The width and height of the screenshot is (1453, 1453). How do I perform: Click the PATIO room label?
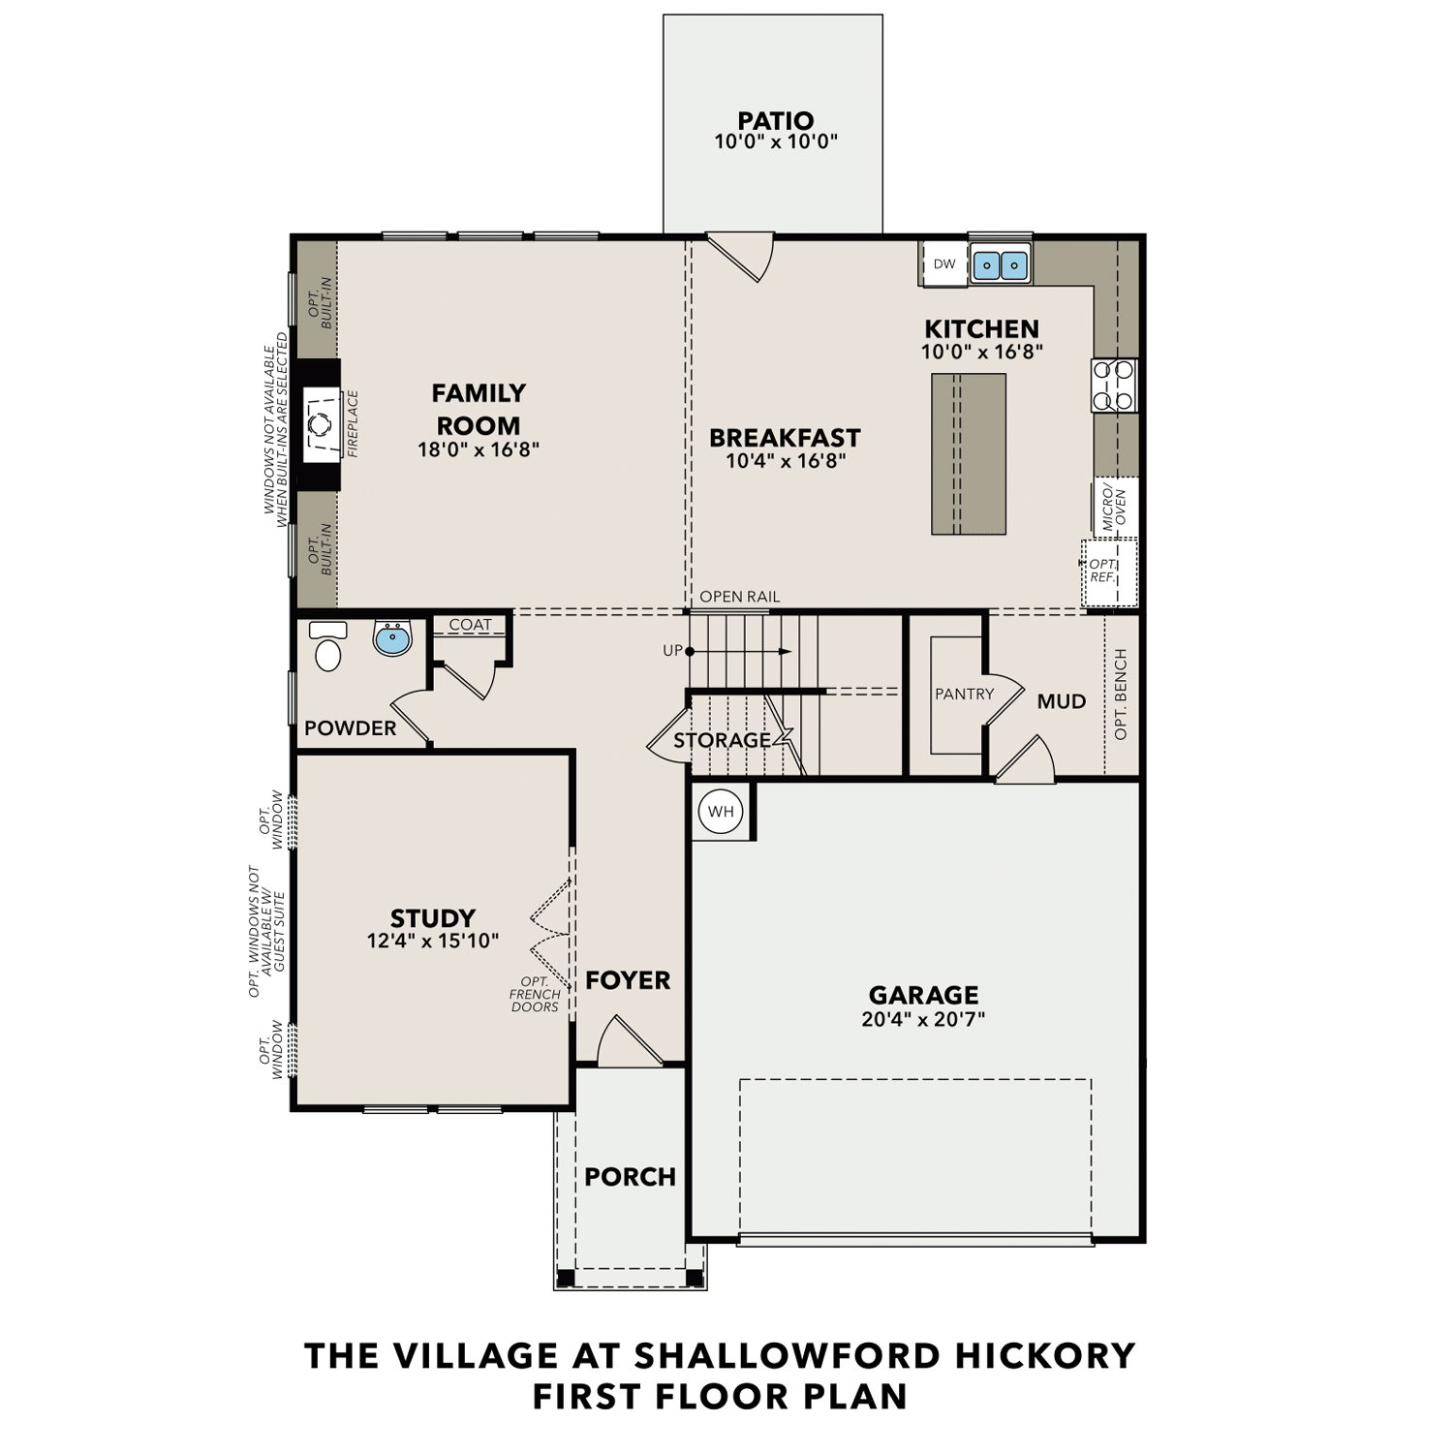pyautogui.click(x=775, y=121)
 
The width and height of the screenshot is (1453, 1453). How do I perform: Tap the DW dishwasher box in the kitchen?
pyautogui.click(x=943, y=264)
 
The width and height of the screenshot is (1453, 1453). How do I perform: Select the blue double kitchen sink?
pyautogui.click(x=1000, y=264)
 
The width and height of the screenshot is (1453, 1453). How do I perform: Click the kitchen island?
pyautogui.click(x=968, y=454)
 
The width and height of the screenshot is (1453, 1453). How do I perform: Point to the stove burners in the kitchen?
pyautogui.click(x=1113, y=385)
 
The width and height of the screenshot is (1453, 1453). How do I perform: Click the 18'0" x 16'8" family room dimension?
pyautogui.click(x=479, y=449)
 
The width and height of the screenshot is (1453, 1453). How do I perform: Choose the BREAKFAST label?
pyautogui.click(x=785, y=438)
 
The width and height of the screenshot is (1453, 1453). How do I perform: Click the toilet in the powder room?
pyautogui.click(x=327, y=649)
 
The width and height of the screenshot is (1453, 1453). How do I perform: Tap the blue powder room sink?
pyautogui.click(x=392, y=638)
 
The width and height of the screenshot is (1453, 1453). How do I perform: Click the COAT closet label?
pyautogui.click(x=470, y=625)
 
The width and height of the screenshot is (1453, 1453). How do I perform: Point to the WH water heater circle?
pyautogui.click(x=721, y=812)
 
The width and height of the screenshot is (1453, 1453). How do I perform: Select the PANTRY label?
pyautogui.click(x=964, y=694)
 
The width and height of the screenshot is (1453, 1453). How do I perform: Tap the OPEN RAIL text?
pyautogui.click(x=739, y=597)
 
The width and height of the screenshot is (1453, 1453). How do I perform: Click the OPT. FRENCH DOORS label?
pyautogui.click(x=535, y=995)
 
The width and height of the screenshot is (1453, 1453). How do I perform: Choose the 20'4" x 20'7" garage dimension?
pyautogui.click(x=922, y=1019)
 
